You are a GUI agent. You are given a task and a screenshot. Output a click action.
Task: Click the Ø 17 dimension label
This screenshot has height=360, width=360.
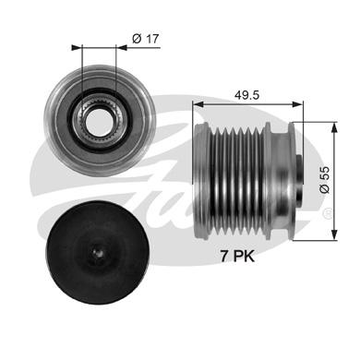pyautogui.click(x=145, y=38)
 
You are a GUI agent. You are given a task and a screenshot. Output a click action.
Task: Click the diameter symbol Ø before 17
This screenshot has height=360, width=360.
pyautogui.click(x=136, y=38)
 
